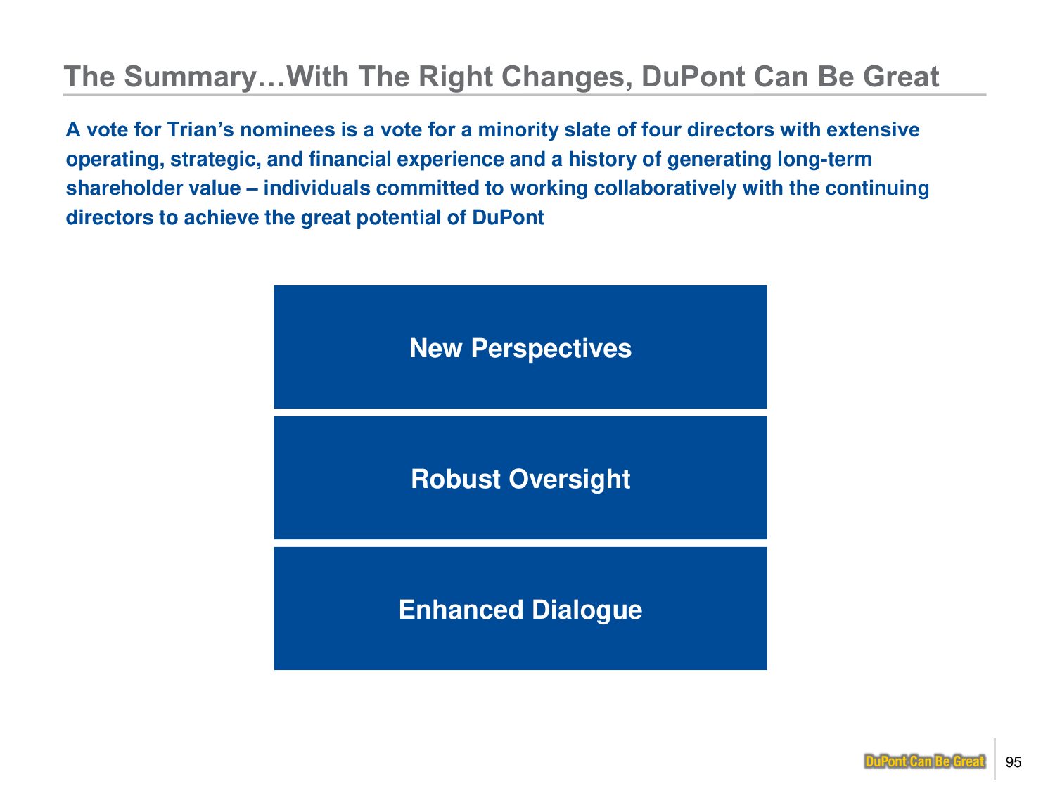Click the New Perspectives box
click(x=520, y=347)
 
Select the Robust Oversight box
click(x=520, y=478)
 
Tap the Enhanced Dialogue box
click(x=520, y=608)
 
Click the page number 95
click(x=1014, y=762)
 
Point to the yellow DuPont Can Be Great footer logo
click(x=924, y=761)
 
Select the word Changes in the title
click(x=565, y=77)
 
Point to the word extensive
click(x=873, y=129)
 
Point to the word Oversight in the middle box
click(x=569, y=480)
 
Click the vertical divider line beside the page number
click(x=995, y=759)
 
